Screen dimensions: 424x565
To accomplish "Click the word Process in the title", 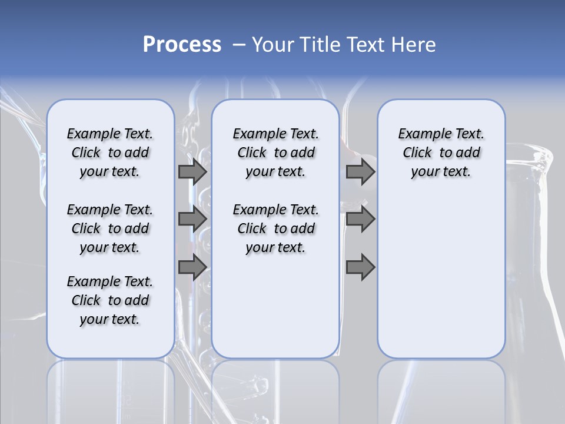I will (182, 45).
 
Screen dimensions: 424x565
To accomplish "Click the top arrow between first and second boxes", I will (192, 172).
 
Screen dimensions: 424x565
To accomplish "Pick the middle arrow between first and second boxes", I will (192, 219).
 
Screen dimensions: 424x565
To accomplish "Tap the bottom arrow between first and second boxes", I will (192, 267).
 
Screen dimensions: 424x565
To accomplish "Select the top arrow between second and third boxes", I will (360, 172).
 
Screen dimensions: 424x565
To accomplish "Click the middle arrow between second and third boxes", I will (360, 219).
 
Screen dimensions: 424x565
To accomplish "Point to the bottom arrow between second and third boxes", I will (360, 267).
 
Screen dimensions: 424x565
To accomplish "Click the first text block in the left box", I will (110, 153).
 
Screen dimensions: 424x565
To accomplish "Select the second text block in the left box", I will (110, 228).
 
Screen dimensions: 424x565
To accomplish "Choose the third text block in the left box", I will (110, 300).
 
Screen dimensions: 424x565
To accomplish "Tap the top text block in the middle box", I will (275, 153).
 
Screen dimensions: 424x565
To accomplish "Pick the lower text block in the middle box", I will (275, 228).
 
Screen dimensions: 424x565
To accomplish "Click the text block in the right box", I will (441, 153).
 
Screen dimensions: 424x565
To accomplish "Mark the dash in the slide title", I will (239, 45).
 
